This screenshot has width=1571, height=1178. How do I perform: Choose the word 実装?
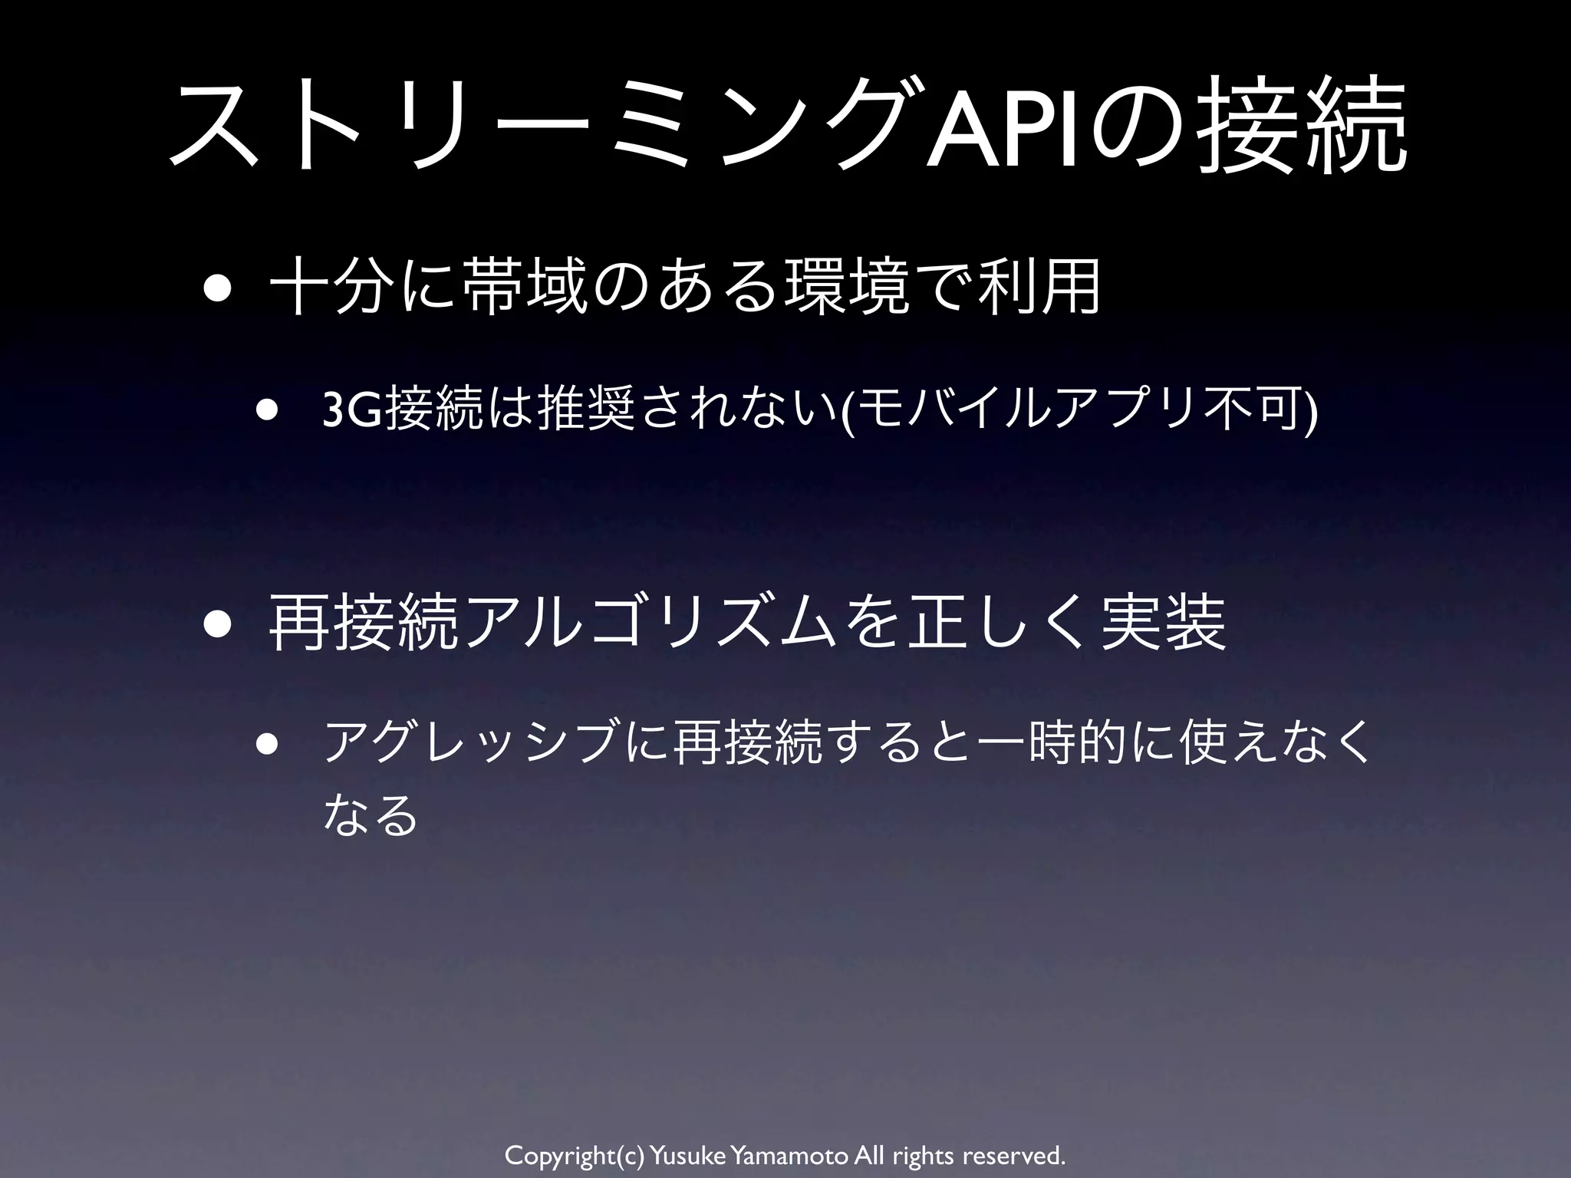point(1163,624)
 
